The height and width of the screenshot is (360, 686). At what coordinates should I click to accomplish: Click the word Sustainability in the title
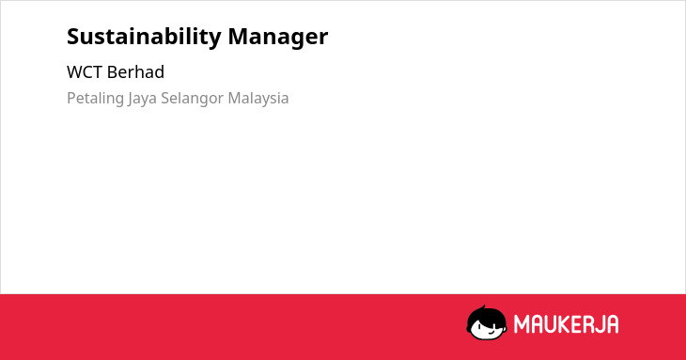click(x=144, y=38)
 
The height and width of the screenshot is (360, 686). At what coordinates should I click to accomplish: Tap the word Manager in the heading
click(x=278, y=38)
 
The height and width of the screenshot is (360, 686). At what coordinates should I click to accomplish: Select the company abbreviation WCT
click(x=85, y=72)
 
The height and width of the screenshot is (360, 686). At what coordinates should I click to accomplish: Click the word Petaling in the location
click(x=95, y=99)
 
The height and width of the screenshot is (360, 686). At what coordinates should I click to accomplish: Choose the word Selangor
click(x=193, y=99)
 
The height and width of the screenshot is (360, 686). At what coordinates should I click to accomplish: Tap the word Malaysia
click(x=258, y=99)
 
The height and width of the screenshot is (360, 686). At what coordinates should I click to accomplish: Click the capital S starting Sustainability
click(x=73, y=37)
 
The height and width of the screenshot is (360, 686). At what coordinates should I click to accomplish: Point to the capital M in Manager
click(x=239, y=37)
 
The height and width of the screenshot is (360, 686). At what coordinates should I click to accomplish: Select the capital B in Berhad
click(x=113, y=72)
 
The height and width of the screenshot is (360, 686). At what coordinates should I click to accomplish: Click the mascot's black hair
click(x=486, y=316)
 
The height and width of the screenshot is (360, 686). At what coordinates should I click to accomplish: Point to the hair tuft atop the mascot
click(x=483, y=307)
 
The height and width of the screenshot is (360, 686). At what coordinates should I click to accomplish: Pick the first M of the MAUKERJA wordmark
click(x=521, y=324)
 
